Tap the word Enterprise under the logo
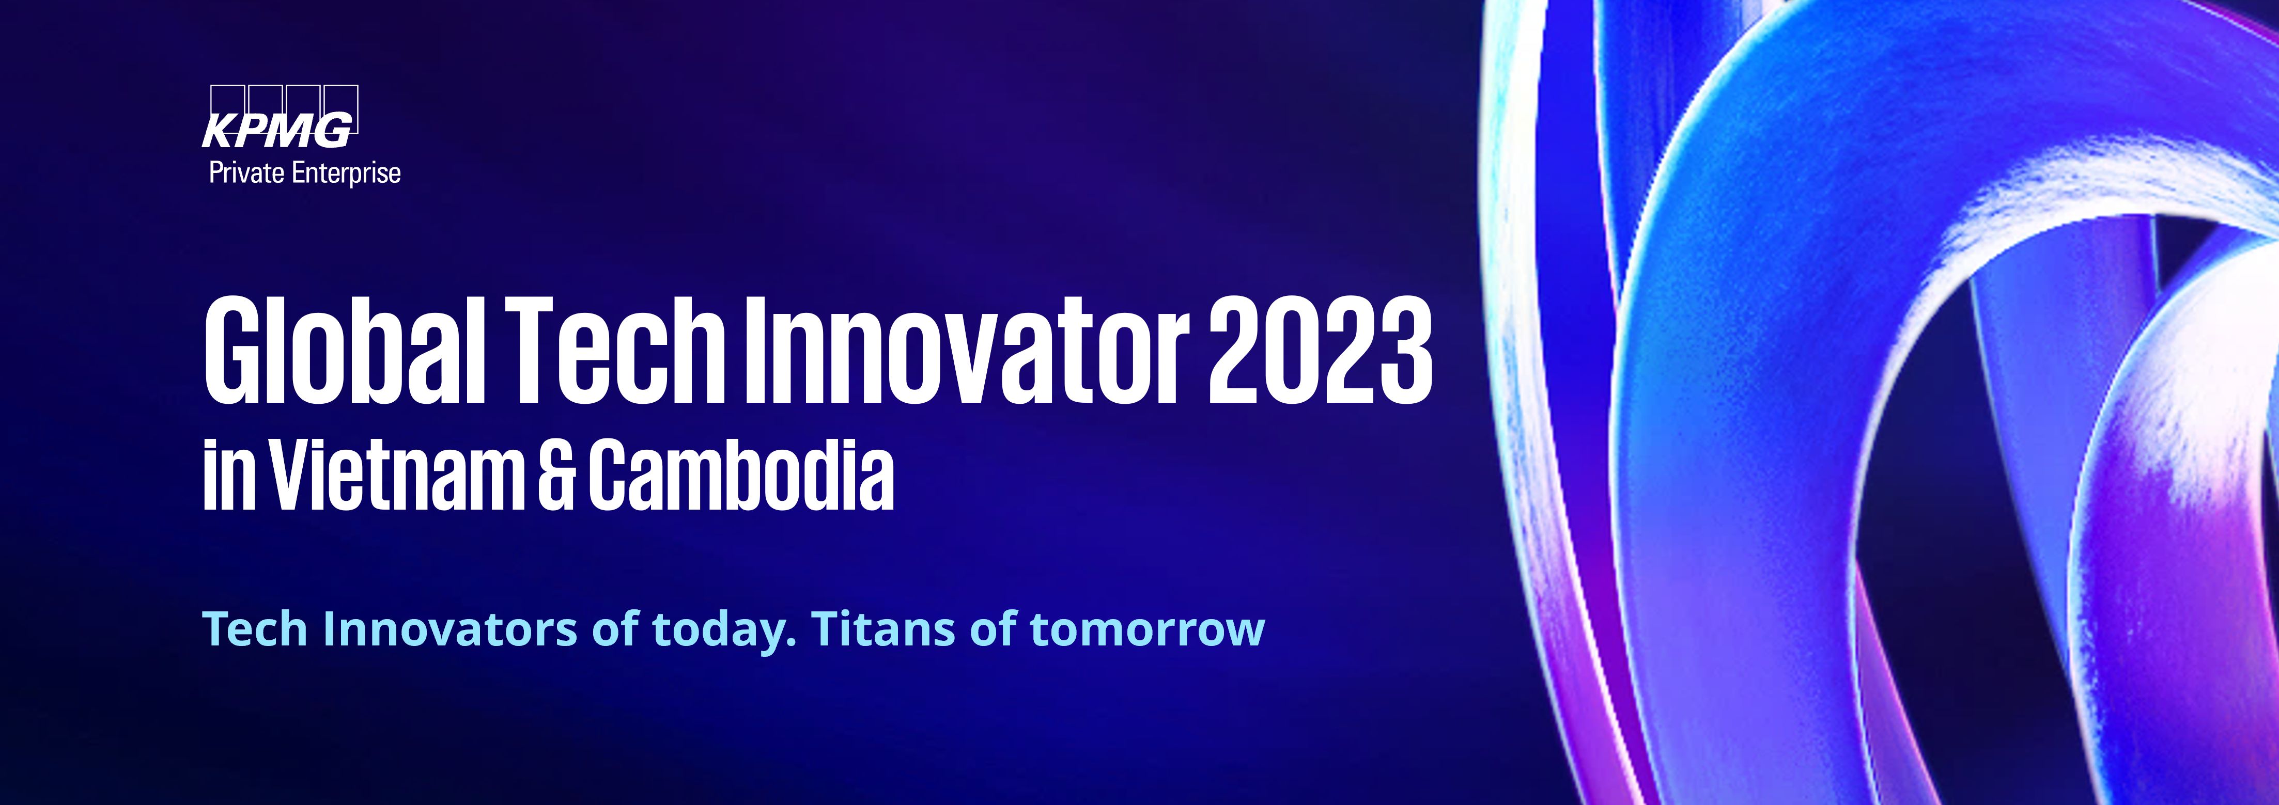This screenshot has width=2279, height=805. point(346,173)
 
